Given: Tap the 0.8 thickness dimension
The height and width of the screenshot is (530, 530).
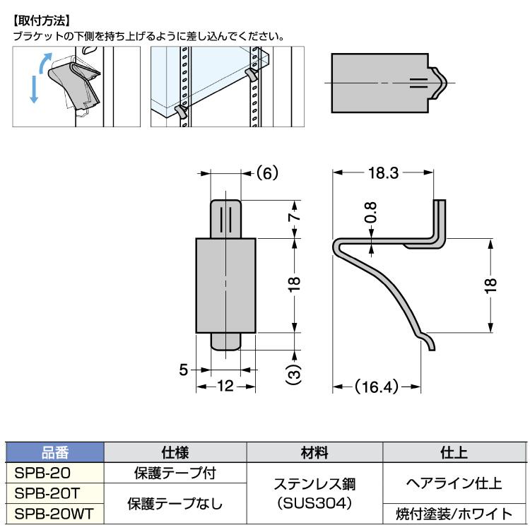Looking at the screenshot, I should [x=372, y=213].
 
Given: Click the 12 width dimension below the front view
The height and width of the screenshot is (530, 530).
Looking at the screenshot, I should [x=225, y=386].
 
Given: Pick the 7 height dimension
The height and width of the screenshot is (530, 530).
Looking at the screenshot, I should [x=295, y=218].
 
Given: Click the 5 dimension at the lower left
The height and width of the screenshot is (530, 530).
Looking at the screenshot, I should [x=184, y=370].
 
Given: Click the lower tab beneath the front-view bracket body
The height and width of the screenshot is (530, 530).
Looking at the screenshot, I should [x=225, y=341].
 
